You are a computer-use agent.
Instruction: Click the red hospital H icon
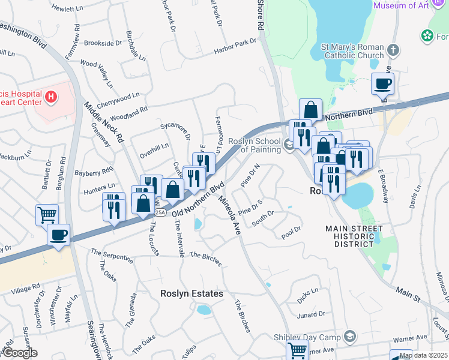point(51,96)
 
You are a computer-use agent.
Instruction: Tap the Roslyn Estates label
point(191,294)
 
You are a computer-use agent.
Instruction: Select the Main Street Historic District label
point(354,236)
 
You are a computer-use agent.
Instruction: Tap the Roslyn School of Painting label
point(255,146)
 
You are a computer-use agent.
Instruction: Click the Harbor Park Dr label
point(234,46)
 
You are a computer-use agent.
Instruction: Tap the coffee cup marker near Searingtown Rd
point(58,235)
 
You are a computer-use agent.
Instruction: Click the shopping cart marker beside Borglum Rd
point(47,214)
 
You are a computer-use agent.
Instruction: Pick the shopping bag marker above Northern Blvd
point(310,110)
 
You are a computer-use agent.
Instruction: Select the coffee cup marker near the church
point(382,83)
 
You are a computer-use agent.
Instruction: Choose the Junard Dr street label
point(310,314)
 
